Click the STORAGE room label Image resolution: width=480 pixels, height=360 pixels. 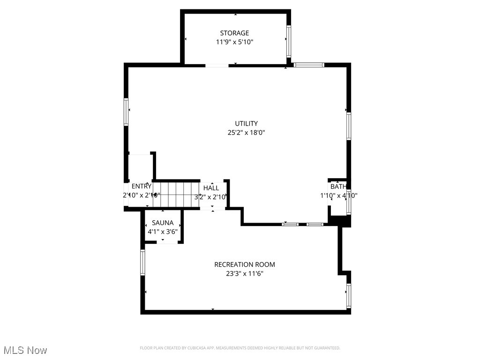pyautogui.click(x=234, y=33)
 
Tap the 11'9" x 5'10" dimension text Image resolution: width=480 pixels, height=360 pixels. pyautogui.click(x=234, y=42)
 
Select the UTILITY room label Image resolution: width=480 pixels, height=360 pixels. pyautogui.click(x=246, y=123)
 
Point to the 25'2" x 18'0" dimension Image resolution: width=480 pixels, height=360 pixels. pyautogui.click(x=246, y=132)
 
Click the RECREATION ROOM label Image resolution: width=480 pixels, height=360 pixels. pyautogui.click(x=244, y=264)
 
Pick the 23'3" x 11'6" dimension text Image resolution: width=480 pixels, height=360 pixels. pyautogui.click(x=244, y=273)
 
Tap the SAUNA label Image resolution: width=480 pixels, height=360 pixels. pyautogui.click(x=163, y=223)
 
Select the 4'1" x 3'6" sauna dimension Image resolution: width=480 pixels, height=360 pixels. pyautogui.click(x=163, y=231)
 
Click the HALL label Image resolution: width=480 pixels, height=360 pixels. pyautogui.click(x=211, y=188)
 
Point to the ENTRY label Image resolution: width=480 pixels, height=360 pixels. pyautogui.click(x=141, y=186)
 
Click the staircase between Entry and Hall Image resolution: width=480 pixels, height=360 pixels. pyautogui.click(x=176, y=195)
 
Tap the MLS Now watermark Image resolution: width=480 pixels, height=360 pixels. pyautogui.click(x=25, y=350)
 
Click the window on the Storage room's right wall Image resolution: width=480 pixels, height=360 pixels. pyautogui.click(x=289, y=41)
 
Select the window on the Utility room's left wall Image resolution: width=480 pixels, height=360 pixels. pyautogui.click(x=126, y=112)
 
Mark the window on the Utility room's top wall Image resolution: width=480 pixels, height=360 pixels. pyautogui.click(x=309, y=65)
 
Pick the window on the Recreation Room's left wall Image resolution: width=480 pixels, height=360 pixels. pyautogui.click(x=143, y=262)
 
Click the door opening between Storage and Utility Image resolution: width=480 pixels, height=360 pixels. pyautogui.click(x=217, y=65)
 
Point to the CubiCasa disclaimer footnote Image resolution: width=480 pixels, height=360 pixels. pyautogui.click(x=240, y=348)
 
